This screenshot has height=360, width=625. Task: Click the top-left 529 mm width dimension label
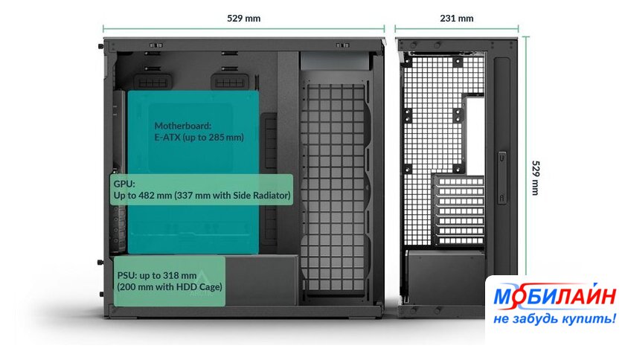[245, 18]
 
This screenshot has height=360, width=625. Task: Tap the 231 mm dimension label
[456, 18]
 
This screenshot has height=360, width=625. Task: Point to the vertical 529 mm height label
[536, 177]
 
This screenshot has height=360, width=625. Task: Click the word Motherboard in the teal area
[183, 126]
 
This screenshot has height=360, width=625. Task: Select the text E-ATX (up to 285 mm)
[199, 138]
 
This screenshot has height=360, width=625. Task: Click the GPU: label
[123, 183]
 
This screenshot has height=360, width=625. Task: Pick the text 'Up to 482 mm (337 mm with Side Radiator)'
[202, 196]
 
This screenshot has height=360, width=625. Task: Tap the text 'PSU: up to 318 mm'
[156, 274]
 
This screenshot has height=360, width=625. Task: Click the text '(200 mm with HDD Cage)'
[169, 286]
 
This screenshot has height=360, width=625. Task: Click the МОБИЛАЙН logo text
[554, 297]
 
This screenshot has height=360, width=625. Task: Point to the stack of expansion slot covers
[457, 208]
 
